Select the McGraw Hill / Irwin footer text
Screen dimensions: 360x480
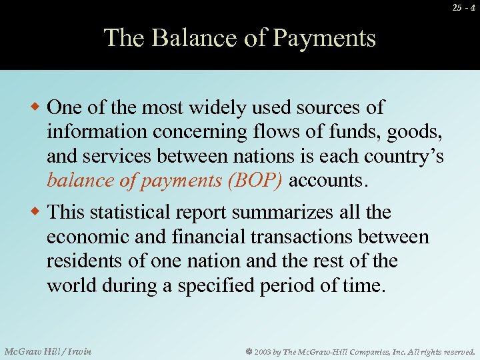click(47, 351)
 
